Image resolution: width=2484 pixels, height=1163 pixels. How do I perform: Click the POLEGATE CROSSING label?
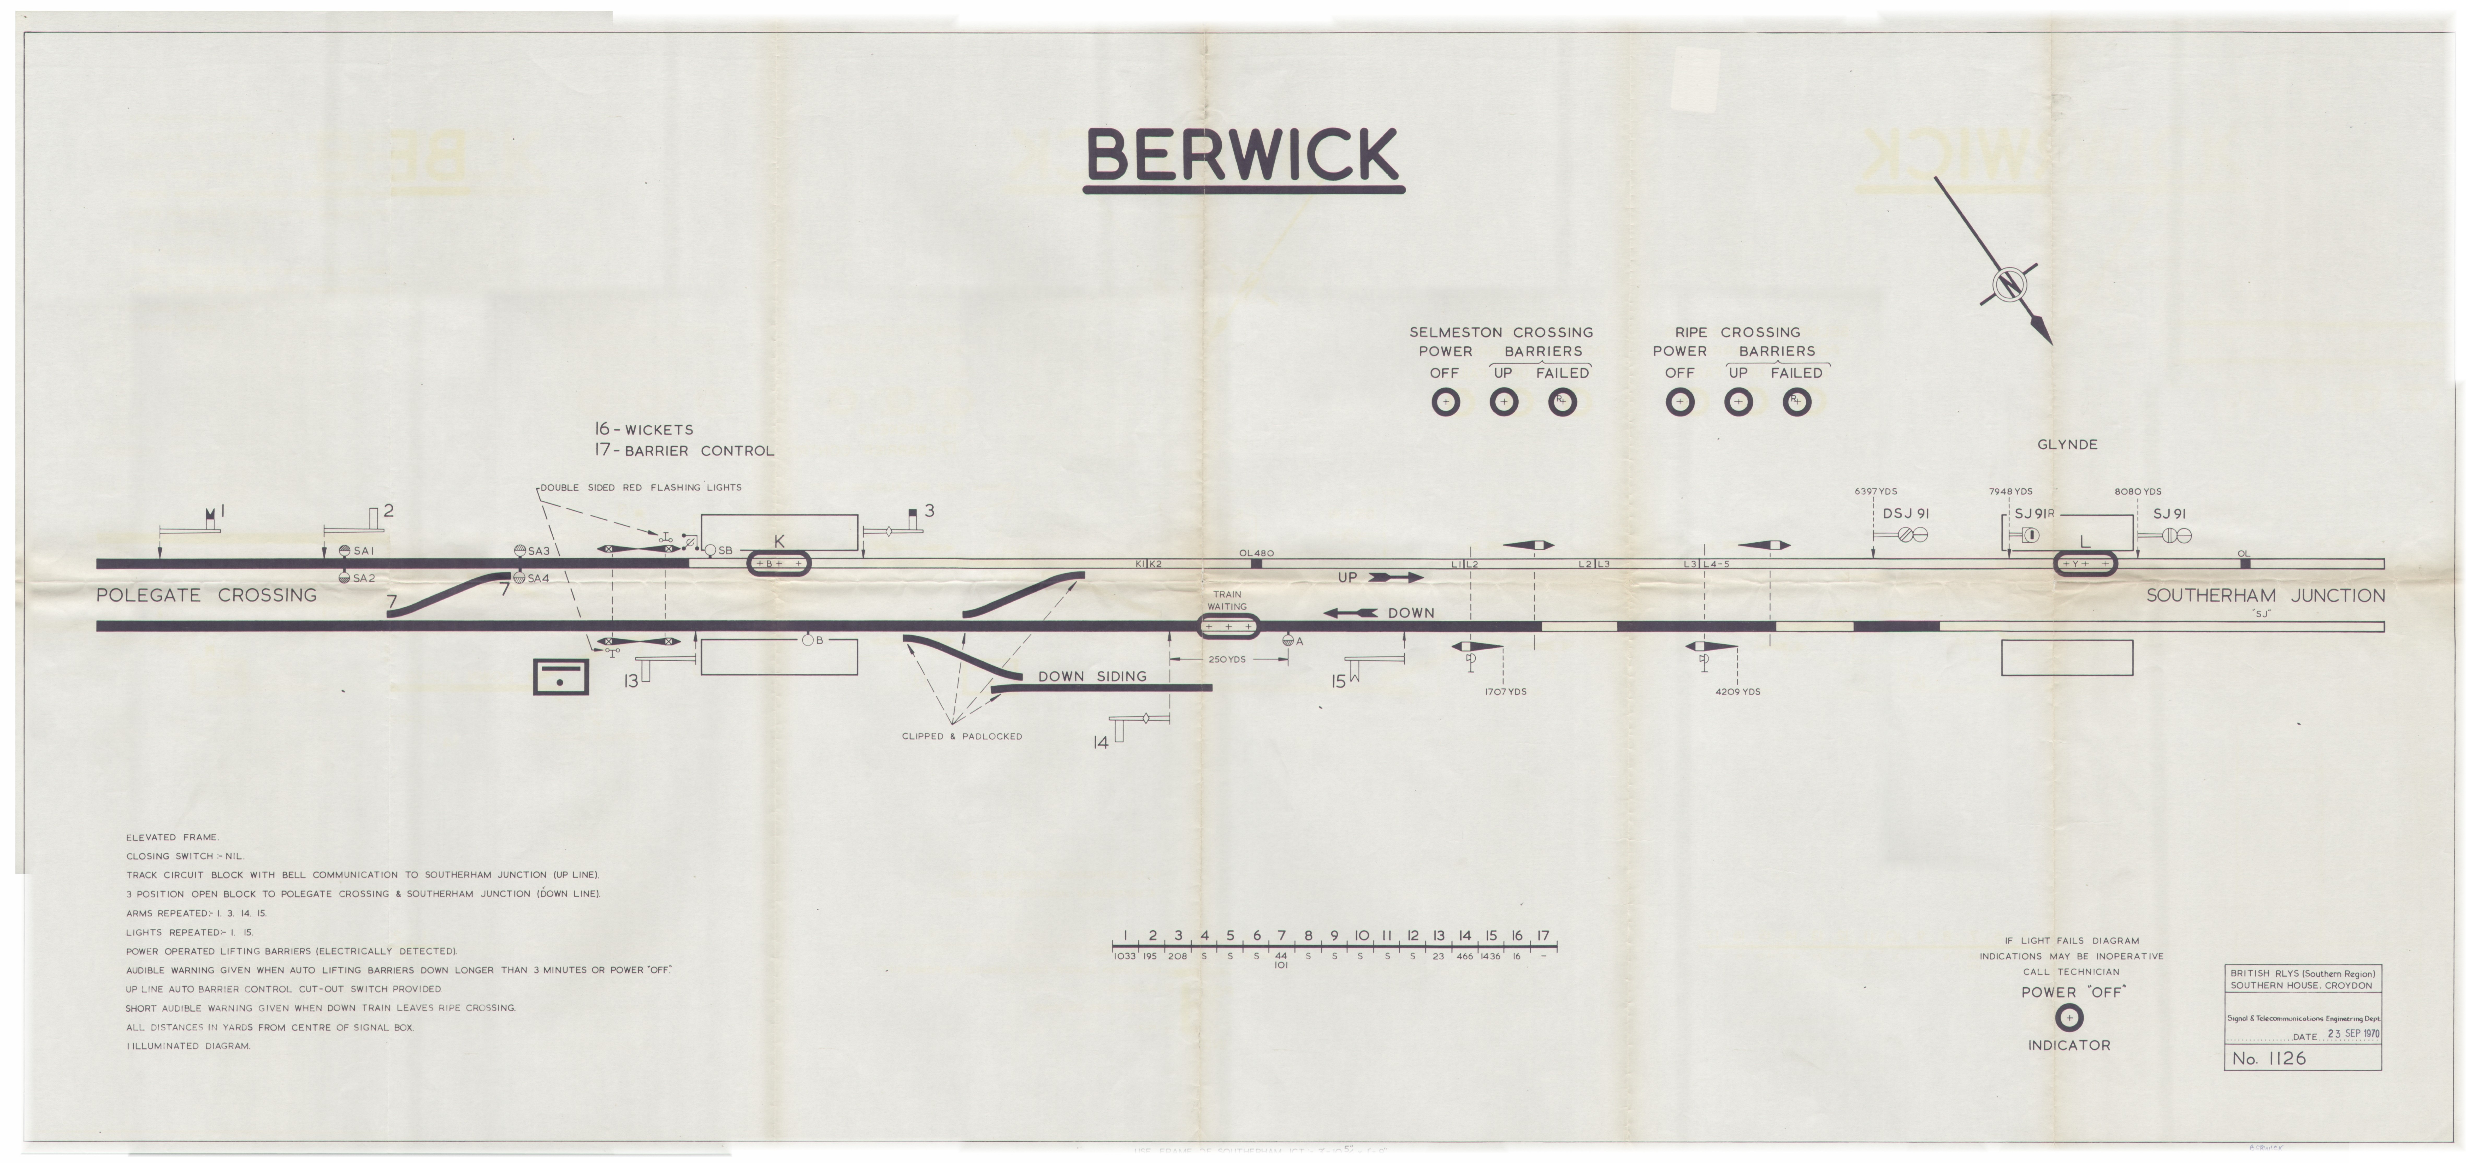(x=206, y=595)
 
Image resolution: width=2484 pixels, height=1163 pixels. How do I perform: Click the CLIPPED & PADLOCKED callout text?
(x=961, y=736)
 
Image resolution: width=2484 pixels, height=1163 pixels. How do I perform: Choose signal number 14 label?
(x=1100, y=743)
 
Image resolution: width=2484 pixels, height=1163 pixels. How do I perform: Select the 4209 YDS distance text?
(x=1738, y=691)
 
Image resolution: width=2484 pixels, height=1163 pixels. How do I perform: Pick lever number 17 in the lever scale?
(x=1543, y=935)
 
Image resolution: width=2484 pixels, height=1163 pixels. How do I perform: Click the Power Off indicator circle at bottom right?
(x=2068, y=1017)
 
